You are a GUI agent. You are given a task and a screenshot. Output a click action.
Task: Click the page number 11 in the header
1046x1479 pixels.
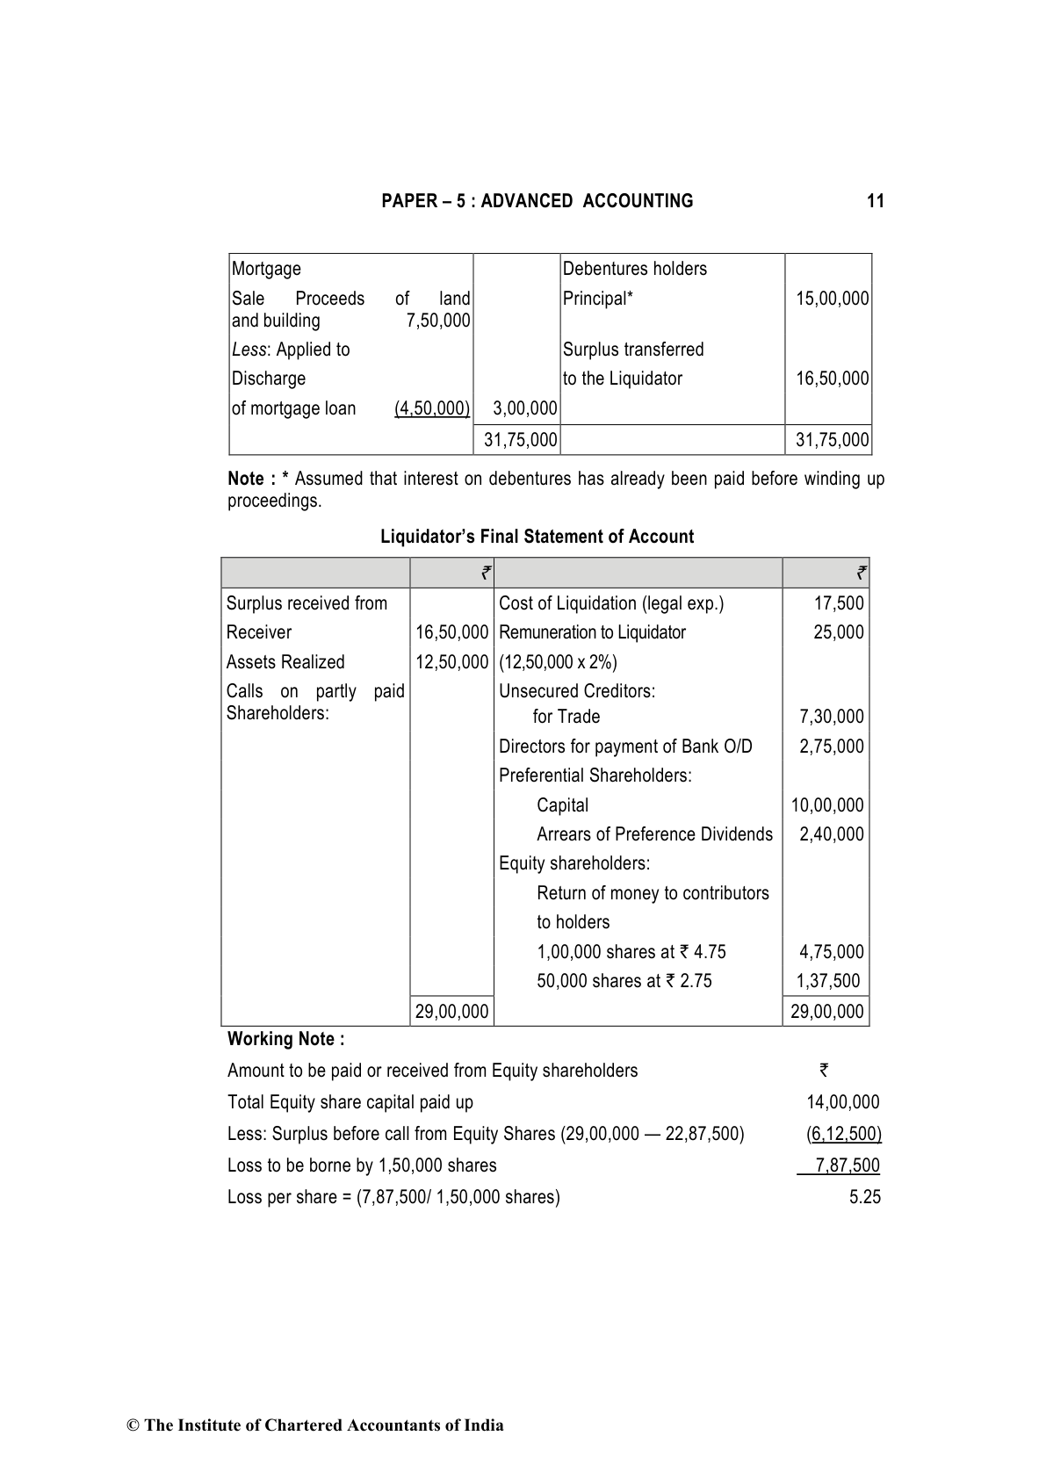click(x=875, y=201)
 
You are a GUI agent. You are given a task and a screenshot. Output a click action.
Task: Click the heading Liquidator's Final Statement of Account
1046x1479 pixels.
click(x=537, y=537)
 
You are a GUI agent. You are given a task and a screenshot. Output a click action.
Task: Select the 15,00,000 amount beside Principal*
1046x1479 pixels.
click(x=832, y=299)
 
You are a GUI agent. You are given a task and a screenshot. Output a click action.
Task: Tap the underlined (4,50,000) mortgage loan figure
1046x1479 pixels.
click(x=432, y=408)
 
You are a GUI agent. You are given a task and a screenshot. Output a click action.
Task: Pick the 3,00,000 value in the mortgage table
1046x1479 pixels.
click(x=525, y=408)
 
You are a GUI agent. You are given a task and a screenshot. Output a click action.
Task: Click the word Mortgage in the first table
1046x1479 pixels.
click(x=266, y=269)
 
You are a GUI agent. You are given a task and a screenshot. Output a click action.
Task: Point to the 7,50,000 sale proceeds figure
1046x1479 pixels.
click(x=438, y=321)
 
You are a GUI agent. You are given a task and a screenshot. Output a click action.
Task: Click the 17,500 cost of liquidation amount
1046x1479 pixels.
click(x=839, y=603)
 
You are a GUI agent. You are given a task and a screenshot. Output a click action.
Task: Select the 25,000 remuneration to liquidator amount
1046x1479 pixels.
click(x=839, y=632)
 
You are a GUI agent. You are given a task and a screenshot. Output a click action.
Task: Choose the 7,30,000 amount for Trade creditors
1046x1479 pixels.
click(x=831, y=717)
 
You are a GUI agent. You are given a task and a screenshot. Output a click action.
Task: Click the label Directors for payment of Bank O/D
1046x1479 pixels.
click(x=625, y=747)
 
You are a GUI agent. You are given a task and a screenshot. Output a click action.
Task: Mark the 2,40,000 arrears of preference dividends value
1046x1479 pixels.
click(x=831, y=834)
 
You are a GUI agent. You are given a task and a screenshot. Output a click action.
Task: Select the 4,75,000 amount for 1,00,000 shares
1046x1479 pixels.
click(x=831, y=952)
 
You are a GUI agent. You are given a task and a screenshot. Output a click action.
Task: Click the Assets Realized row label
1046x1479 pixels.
click(x=285, y=662)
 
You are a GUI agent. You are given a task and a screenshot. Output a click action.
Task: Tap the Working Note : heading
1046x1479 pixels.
click(x=285, y=1039)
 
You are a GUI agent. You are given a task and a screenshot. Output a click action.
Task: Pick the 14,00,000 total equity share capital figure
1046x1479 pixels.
click(x=842, y=1102)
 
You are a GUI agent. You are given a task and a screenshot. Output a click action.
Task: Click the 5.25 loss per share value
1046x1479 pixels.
click(x=865, y=1197)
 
